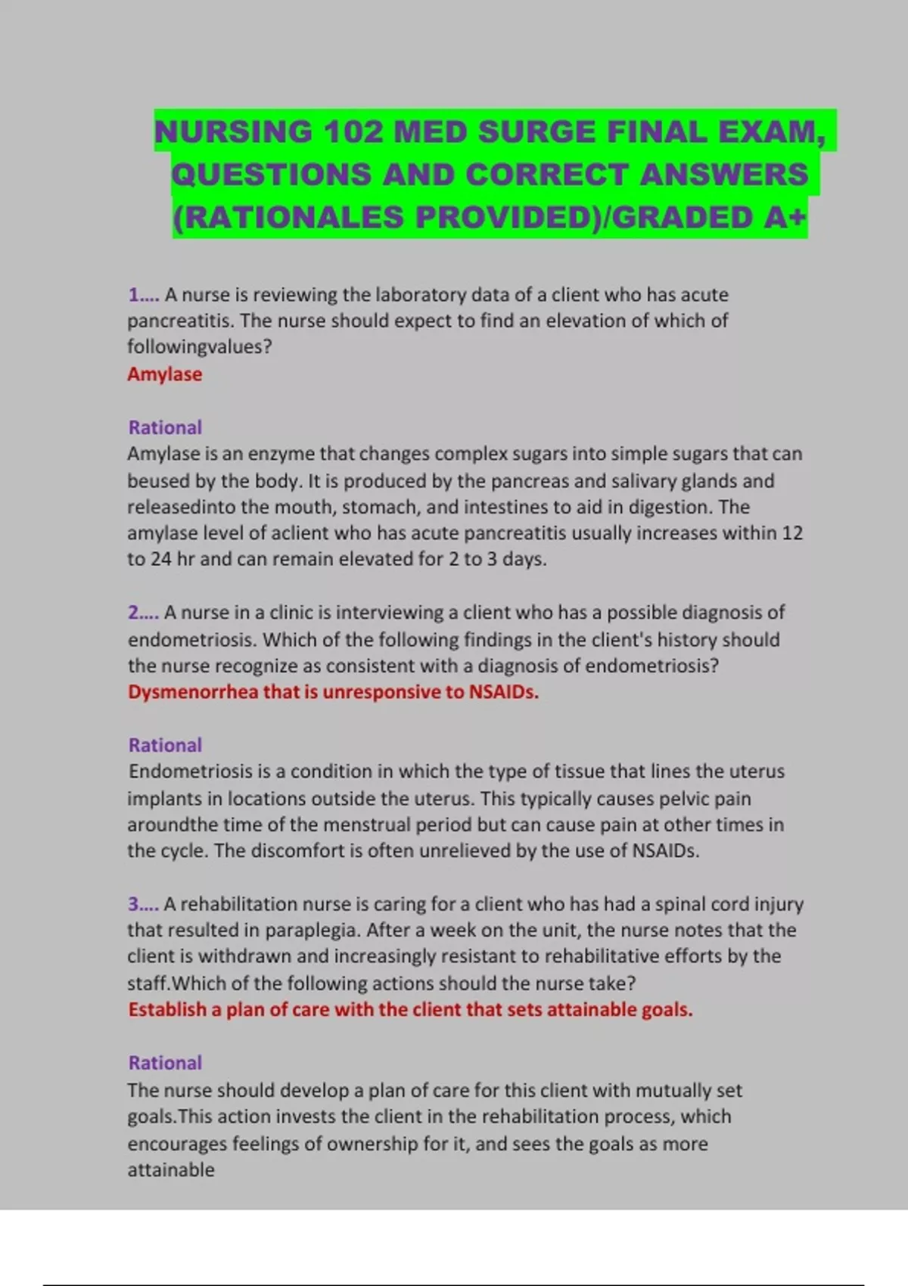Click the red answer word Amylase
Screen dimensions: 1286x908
pos(164,374)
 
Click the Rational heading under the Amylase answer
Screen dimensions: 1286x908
pos(165,427)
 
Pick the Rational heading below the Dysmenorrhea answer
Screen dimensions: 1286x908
pos(165,745)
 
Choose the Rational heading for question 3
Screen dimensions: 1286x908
pos(165,1063)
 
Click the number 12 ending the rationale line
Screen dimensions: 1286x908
pos(791,533)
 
